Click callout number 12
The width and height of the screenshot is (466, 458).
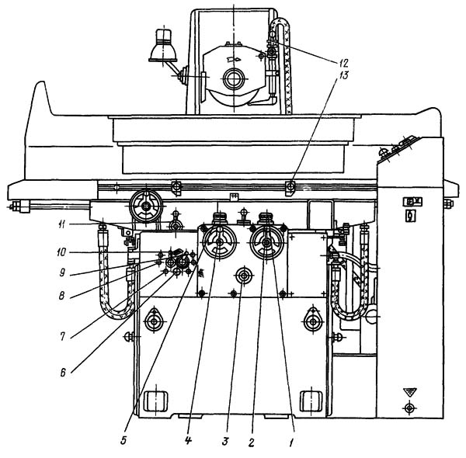(x=343, y=63)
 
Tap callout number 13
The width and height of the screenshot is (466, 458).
(x=343, y=75)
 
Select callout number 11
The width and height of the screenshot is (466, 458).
(x=61, y=225)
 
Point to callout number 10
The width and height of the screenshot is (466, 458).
(x=61, y=253)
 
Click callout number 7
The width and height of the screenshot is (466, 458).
(x=62, y=337)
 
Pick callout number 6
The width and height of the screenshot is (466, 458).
(x=63, y=373)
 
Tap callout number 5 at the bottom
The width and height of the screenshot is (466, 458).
(x=123, y=440)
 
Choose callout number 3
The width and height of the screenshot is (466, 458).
(x=225, y=442)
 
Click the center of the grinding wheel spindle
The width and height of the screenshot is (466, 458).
(x=234, y=79)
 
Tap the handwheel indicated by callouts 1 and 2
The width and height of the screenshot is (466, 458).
(x=266, y=243)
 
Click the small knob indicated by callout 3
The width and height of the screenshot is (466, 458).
(x=244, y=276)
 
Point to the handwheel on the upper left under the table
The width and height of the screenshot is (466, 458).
(x=146, y=206)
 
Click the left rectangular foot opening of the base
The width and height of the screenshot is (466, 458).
(x=156, y=401)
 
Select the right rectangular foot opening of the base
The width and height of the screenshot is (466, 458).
(x=311, y=401)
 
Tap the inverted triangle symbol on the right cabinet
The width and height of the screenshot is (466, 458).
(x=409, y=392)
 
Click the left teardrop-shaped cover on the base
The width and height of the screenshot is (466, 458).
(x=154, y=319)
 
